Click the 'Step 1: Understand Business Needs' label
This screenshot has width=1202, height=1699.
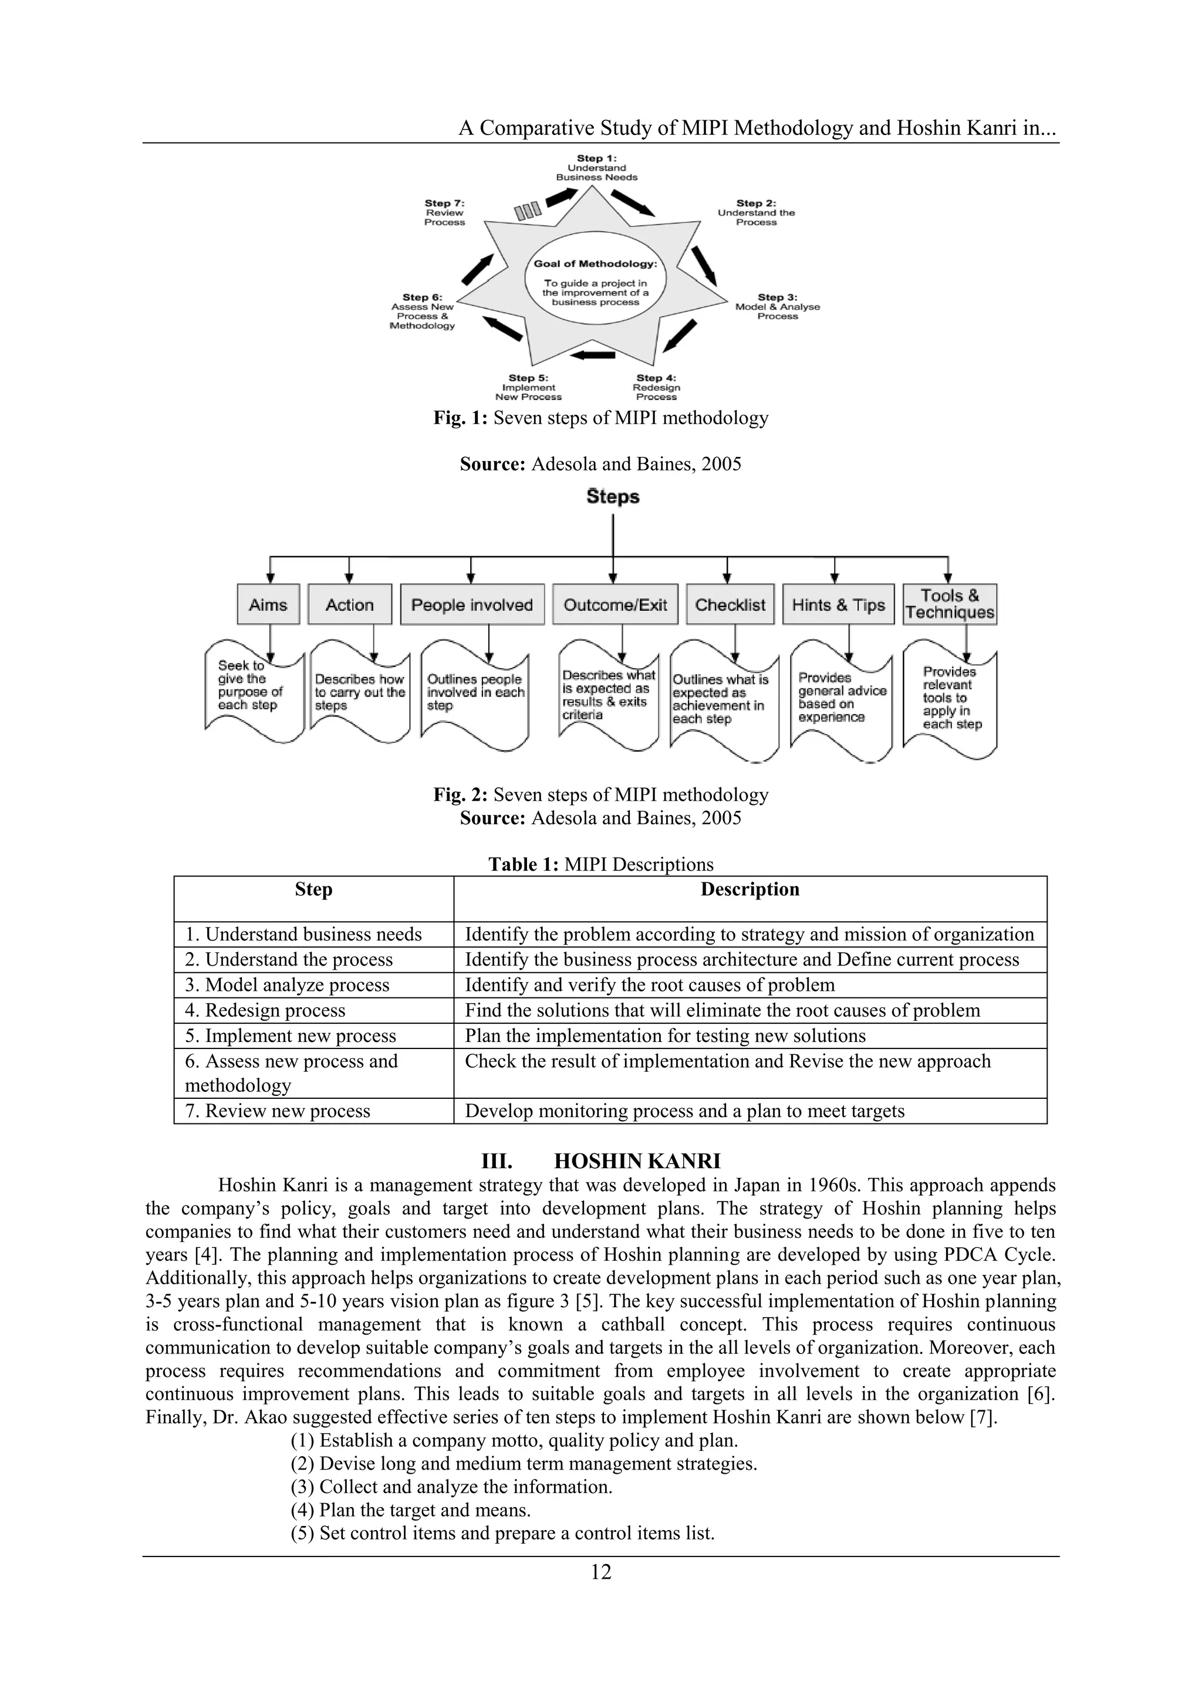click(596, 168)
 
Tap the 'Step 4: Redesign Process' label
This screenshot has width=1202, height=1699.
click(656, 387)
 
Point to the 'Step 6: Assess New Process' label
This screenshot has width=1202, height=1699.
click(423, 312)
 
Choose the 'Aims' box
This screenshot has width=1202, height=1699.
click(268, 605)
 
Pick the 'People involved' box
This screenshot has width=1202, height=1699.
click(472, 605)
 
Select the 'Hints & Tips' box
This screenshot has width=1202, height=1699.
click(838, 605)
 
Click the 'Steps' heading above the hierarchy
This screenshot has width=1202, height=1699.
click(613, 496)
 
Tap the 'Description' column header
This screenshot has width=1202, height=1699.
click(749, 889)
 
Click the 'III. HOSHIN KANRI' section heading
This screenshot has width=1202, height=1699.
click(600, 1160)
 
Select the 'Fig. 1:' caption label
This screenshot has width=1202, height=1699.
click(460, 418)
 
